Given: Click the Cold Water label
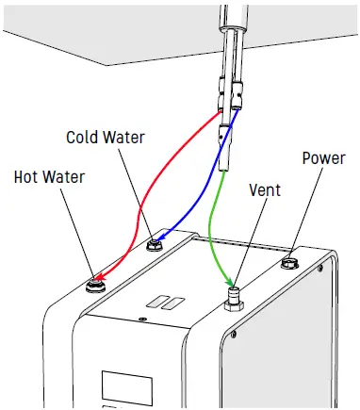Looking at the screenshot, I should pos(106,138).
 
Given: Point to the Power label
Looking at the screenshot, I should pos(323,157).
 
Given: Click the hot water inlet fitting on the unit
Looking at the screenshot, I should pos(96,283).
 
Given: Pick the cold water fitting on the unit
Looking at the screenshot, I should pos(155,244).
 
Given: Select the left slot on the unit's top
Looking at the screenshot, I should pos(150,304).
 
